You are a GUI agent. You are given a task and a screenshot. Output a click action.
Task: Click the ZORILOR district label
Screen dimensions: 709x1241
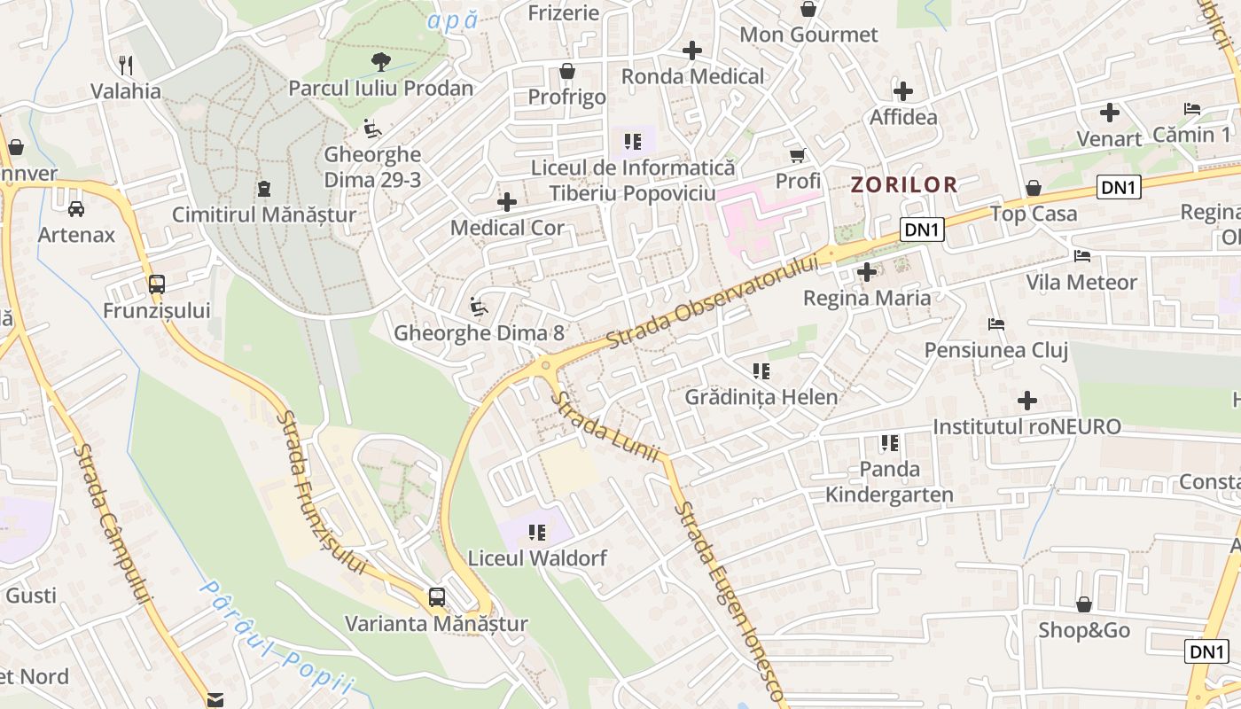click(x=904, y=184)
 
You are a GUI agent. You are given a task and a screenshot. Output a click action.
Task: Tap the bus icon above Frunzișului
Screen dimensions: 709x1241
click(x=157, y=284)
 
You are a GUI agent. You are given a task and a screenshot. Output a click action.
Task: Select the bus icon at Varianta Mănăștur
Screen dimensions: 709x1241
click(x=437, y=596)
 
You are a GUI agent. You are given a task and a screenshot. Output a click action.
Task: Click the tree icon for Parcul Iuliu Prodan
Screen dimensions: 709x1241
click(x=381, y=61)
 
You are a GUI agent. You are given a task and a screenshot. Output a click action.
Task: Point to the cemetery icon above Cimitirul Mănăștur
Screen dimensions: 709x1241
click(x=263, y=188)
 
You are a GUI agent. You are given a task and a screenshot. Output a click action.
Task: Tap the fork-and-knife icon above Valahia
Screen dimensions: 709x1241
click(x=126, y=65)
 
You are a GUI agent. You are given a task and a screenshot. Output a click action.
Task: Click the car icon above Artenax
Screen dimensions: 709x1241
click(x=76, y=209)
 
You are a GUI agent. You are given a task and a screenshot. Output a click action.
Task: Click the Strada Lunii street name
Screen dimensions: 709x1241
click(x=606, y=428)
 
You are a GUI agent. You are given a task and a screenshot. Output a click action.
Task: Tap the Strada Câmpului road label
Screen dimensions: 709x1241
click(x=113, y=523)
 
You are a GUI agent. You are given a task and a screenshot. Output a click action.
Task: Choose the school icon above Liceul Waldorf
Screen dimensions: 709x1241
click(x=537, y=532)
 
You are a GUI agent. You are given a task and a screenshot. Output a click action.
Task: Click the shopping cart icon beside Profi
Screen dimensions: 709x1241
click(x=798, y=155)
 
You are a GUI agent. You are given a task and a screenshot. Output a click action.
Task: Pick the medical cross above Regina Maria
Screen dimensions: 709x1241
click(x=867, y=272)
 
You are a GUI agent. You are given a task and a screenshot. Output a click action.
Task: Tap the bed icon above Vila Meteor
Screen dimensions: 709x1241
click(x=1081, y=256)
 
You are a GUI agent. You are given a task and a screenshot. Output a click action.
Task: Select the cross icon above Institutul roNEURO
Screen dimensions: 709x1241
click(x=1027, y=401)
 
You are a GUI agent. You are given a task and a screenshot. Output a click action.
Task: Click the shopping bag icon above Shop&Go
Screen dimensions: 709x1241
click(x=1083, y=604)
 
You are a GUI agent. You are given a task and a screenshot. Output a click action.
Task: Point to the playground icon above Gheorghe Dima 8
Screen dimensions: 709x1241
click(x=479, y=307)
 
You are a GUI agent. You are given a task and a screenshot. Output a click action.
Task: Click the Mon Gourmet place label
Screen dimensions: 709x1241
click(x=808, y=35)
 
